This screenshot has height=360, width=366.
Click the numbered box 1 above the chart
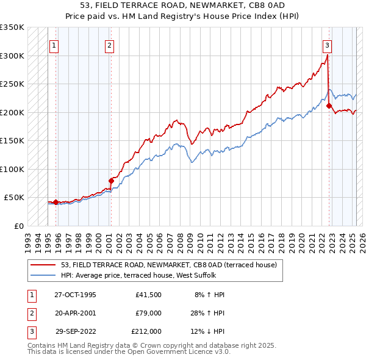tap(54, 45)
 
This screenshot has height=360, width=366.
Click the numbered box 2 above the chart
tap(109, 45)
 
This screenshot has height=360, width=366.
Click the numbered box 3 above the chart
tap(328, 45)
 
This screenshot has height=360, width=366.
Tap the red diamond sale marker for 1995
tap(56, 202)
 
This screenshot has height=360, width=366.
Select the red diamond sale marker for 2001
tap(111, 181)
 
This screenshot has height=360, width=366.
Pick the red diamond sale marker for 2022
tap(329, 106)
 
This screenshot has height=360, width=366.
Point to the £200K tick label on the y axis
tap(12, 112)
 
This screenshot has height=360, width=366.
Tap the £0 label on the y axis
tap(19, 226)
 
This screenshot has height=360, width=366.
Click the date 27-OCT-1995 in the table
tap(76, 294)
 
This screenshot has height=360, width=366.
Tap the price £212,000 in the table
tap(146, 332)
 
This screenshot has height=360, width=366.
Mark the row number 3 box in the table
tap(30, 332)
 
